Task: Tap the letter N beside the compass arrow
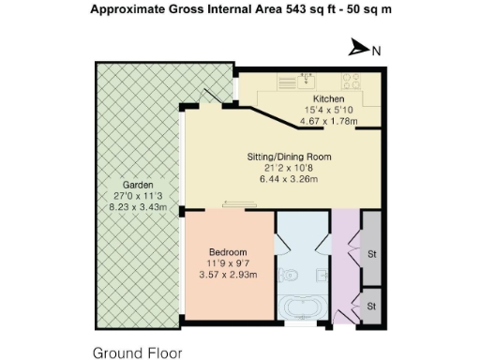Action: point(375,51)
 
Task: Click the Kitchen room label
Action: point(328,98)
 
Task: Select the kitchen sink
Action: point(306,79)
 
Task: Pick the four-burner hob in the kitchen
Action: point(356,79)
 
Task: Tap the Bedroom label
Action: point(228,252)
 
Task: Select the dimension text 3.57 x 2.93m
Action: point(228,274)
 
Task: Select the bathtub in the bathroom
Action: point(303,308)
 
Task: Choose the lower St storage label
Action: point(370,306)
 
